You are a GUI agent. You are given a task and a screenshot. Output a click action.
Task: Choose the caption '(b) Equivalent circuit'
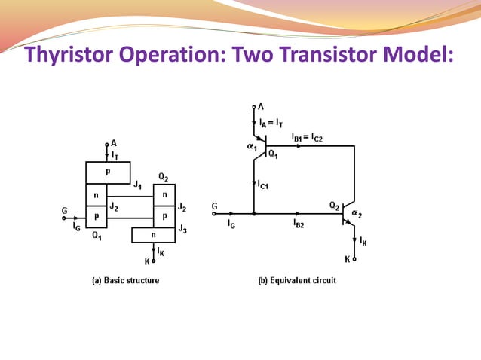pyautogui.click(x=297, y=281)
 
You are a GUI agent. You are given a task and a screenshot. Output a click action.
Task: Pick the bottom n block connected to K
pyautogui.click(x=153, y=234)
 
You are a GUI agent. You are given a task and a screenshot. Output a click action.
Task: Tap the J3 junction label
pyautogui.click(x=182, y=228)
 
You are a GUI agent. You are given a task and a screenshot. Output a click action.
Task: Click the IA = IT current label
pyautogui.click(x=271, y=121)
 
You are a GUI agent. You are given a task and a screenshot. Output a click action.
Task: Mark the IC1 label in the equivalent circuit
pyautogui.click(x=265, y=185)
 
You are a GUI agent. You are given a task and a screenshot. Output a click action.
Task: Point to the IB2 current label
pyautogui.click(x=299, y=224)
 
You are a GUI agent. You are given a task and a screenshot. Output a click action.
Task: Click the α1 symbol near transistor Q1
pyautogui.click(x=251, y=148)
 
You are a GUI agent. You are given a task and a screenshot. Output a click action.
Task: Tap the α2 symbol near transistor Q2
pyautogui.click(x=365, y=215)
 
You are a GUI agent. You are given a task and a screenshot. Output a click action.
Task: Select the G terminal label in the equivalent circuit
pyautogui.click(x=215, y=206)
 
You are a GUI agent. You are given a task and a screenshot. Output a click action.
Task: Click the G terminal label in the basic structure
pyautogui.click(x=65, y=212)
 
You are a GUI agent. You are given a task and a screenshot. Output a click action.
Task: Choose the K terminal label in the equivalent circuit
pyautogui.click(x=348, y=258)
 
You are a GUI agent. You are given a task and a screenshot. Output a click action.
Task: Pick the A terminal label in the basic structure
pyautogui.click(x=114, y=142)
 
